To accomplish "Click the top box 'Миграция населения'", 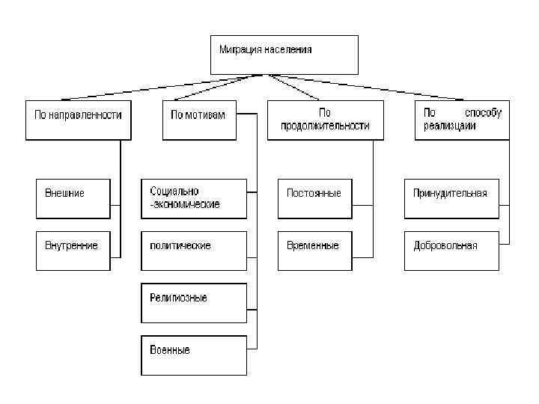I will [x=284, y=55].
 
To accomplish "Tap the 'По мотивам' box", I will [x=198, y=120].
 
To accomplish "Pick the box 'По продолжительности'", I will [x=324, y=120].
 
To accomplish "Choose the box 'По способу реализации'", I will [x=462, y=120].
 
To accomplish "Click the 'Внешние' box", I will [x=73, y=198].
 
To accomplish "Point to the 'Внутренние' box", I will [x=73, y=251].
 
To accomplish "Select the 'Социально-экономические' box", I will [x=193, y=198].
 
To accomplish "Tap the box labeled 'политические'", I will [x=193, y=251].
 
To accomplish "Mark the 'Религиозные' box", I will [x=193, y=303].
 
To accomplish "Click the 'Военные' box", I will [x=193, y=355].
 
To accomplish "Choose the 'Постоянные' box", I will [x=324, y=198].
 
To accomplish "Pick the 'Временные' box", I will [x=324, y=251].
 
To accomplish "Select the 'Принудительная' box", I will [x=451, y=198].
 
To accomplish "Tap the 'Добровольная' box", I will [x=451, y=251].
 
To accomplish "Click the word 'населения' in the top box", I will [x=287, y=50].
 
